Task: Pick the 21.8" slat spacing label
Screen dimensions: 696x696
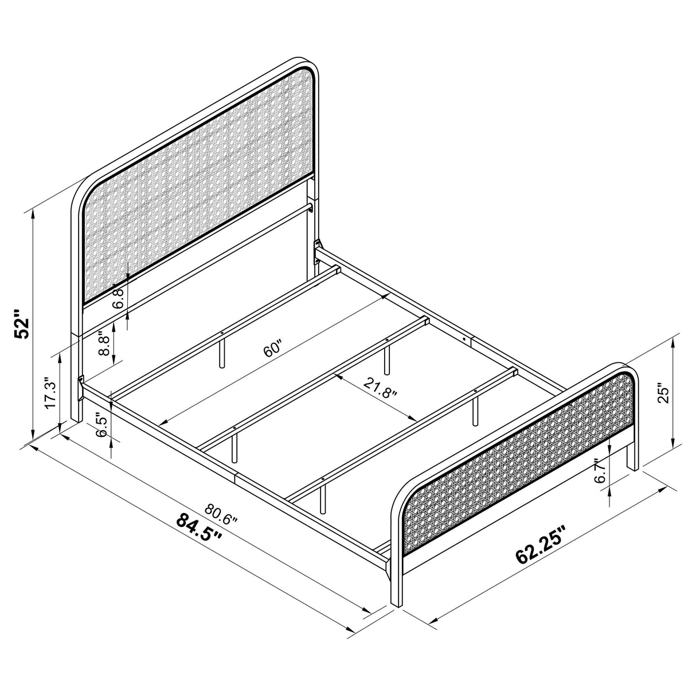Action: pyautogui.click(x=379, y=390)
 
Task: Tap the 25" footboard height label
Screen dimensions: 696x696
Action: pyautogui.click(x=663, y=394)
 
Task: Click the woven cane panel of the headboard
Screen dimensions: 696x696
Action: pyautogui.click(x=195, y=189)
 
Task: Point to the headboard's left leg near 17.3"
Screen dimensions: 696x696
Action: pyautogui.click(x=75, y=401)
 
